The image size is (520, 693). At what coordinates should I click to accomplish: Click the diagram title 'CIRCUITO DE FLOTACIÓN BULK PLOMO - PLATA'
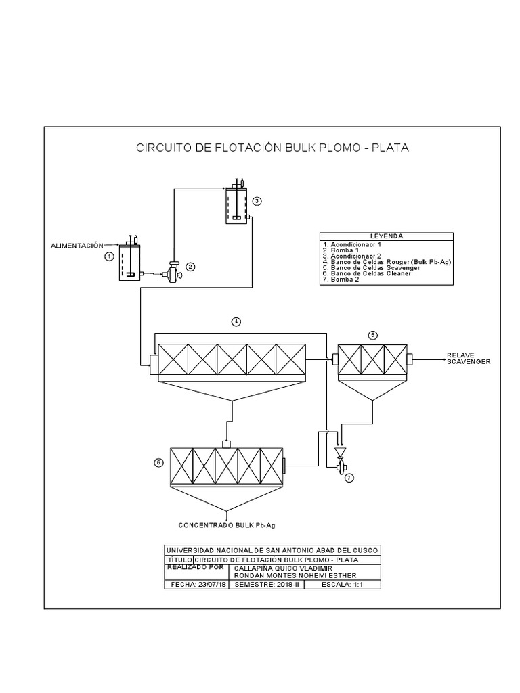273,147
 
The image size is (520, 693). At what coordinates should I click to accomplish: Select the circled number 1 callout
108,256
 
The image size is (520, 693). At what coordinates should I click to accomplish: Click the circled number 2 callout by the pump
190,267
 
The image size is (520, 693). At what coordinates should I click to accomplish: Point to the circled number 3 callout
257,201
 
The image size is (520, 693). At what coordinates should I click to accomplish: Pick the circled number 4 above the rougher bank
236,322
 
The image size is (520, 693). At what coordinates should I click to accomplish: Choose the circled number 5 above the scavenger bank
372,335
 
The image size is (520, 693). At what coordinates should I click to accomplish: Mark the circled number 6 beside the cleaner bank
158,463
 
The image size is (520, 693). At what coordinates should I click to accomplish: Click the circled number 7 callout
349,478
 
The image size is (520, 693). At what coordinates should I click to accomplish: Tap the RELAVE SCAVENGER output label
467,359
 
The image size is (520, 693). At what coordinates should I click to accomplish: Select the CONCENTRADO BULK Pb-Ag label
227,525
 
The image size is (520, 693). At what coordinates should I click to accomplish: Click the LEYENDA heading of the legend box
386,236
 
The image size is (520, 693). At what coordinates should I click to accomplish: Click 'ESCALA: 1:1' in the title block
343,584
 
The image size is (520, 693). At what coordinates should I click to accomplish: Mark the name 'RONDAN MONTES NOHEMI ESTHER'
286,576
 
